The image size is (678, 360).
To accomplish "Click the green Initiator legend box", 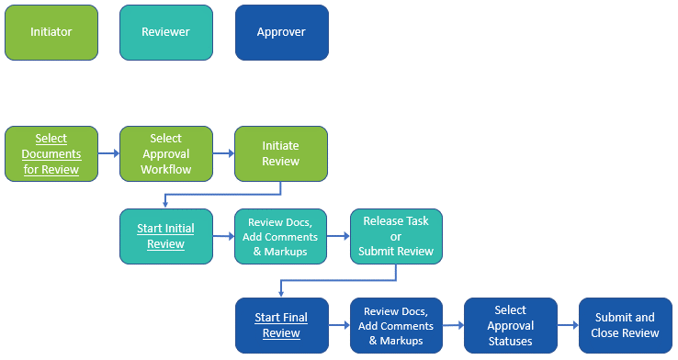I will click(51, 32).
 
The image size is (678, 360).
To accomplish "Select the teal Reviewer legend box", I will click(165, 32).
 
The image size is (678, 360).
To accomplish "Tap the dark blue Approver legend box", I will click(281, 32).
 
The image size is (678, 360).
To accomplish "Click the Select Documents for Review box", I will click(51, 153).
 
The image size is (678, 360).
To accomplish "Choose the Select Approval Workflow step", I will click(165, 153).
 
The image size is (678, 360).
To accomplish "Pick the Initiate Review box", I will click(280, 153).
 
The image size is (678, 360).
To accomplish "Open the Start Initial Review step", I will click(165, 237).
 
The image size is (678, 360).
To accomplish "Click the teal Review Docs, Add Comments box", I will click(280, 237).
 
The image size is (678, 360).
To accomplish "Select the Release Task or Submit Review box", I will click(396, 237).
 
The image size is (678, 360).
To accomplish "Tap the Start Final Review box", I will click(281, 325).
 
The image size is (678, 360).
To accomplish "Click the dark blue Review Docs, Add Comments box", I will click(396, 325).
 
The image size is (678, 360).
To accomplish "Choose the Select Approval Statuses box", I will click(511, 325).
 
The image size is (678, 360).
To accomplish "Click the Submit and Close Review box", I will click(625, 325).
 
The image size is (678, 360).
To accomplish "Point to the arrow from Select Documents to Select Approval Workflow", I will click(108, 154).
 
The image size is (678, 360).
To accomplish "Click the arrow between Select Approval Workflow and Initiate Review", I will click(223, 154).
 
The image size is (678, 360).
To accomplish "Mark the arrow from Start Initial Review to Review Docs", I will click(223, 237).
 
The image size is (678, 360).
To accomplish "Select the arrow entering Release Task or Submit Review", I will click(338, 237).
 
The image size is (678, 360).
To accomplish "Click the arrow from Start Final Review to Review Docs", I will click(338, 325).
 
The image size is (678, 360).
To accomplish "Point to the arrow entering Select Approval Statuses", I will click(453, 325).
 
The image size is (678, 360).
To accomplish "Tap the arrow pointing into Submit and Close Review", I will click(568, 325).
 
